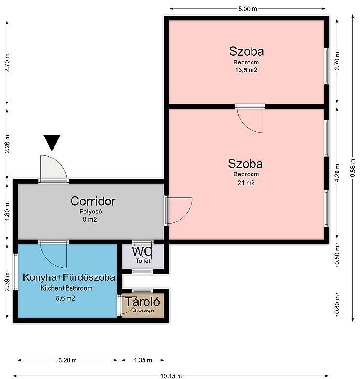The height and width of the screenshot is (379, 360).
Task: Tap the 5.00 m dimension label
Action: pos(248,9)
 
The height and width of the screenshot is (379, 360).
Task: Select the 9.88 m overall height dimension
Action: pos(353,168)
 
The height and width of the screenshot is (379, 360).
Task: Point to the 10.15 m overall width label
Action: pos(171,376)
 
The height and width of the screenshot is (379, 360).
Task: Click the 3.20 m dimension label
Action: pos(68,360)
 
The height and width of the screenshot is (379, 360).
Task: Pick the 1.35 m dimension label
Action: pos(143,360)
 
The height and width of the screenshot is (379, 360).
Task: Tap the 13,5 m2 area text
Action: pos(246,70)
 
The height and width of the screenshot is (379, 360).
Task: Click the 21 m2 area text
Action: pos(246,183)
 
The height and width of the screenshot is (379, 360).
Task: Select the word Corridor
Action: pos(93,201)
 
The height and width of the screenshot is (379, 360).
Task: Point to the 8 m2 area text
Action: pos(90,219)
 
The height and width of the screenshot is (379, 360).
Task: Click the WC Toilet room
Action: pos(143,256)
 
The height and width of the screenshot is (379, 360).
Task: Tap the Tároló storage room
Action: pos(143,306)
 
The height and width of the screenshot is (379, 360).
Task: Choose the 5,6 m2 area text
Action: pos(66,298)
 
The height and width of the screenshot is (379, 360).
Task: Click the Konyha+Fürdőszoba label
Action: pos(69,277)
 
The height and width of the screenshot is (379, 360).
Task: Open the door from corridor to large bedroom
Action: pos(179,210)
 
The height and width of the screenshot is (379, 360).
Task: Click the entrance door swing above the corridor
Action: pos(54,169)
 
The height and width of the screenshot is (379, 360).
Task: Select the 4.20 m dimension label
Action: pos(337,172)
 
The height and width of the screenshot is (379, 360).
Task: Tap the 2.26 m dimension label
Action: pos(7,144)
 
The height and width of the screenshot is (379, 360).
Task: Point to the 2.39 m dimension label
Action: pos(7,281)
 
